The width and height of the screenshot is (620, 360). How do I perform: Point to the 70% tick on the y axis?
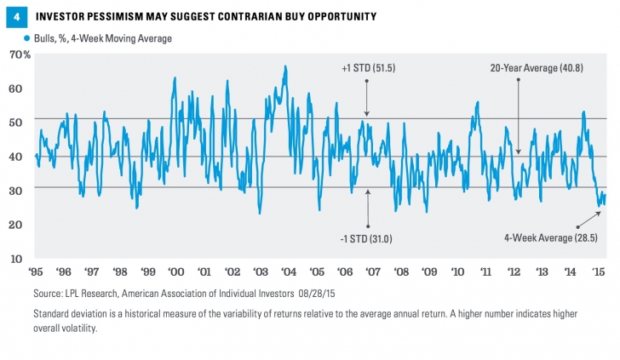tap(20, 54)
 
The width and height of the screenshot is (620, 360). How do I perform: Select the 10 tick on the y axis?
tap(22, 258)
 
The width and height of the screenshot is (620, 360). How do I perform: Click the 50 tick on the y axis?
tap(22, 122)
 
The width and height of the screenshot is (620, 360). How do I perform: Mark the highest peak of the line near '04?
tap(284, 66)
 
